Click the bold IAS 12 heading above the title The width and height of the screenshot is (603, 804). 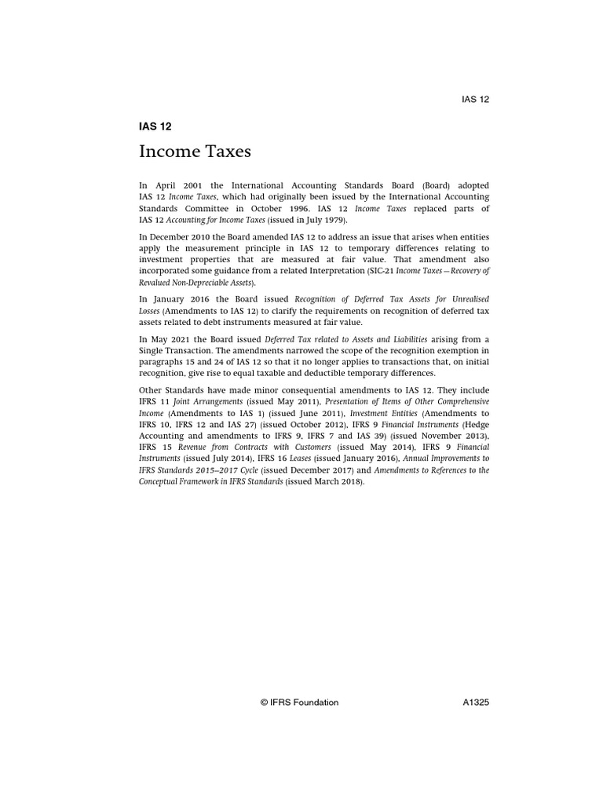click(x=155, y=126)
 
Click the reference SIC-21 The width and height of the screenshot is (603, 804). click(x=382, y=270)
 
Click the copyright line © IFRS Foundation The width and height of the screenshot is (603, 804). click(x=300, y=703)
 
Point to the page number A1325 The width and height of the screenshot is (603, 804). click(x=476, y=703)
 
